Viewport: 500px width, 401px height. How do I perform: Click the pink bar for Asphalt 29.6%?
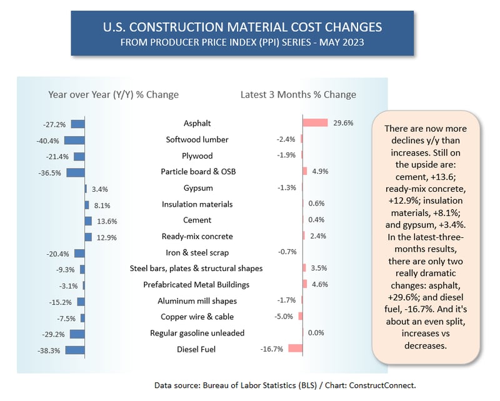coord(315,123)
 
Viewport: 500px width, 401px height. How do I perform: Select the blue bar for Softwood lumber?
coord(74,140)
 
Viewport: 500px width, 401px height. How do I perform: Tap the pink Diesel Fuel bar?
coord(295,349)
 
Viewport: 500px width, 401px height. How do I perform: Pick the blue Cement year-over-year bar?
coord(88,220)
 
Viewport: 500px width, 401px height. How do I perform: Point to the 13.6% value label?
coord(107,220)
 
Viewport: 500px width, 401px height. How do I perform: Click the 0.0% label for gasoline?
coord(316,332)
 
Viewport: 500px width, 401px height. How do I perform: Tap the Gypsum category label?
coord(197,188)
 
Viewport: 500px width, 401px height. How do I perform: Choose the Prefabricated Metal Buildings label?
coord(197,285)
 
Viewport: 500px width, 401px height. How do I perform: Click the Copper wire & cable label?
coord(197,317)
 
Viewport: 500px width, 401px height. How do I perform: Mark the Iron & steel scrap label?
coord(197,252)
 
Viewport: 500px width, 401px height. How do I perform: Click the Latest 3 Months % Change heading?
coord(298,95)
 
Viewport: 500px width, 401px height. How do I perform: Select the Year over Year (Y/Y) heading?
coord(113,95)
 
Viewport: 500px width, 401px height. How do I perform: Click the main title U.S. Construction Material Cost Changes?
coord(242,27)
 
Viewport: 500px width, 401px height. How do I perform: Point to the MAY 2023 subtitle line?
coord(242,42)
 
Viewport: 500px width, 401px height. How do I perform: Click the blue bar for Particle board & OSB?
coord(76,172)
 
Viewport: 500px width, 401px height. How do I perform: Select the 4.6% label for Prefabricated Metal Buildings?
coord(319,284)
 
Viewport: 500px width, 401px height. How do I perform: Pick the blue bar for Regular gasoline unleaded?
coord(77,333)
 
